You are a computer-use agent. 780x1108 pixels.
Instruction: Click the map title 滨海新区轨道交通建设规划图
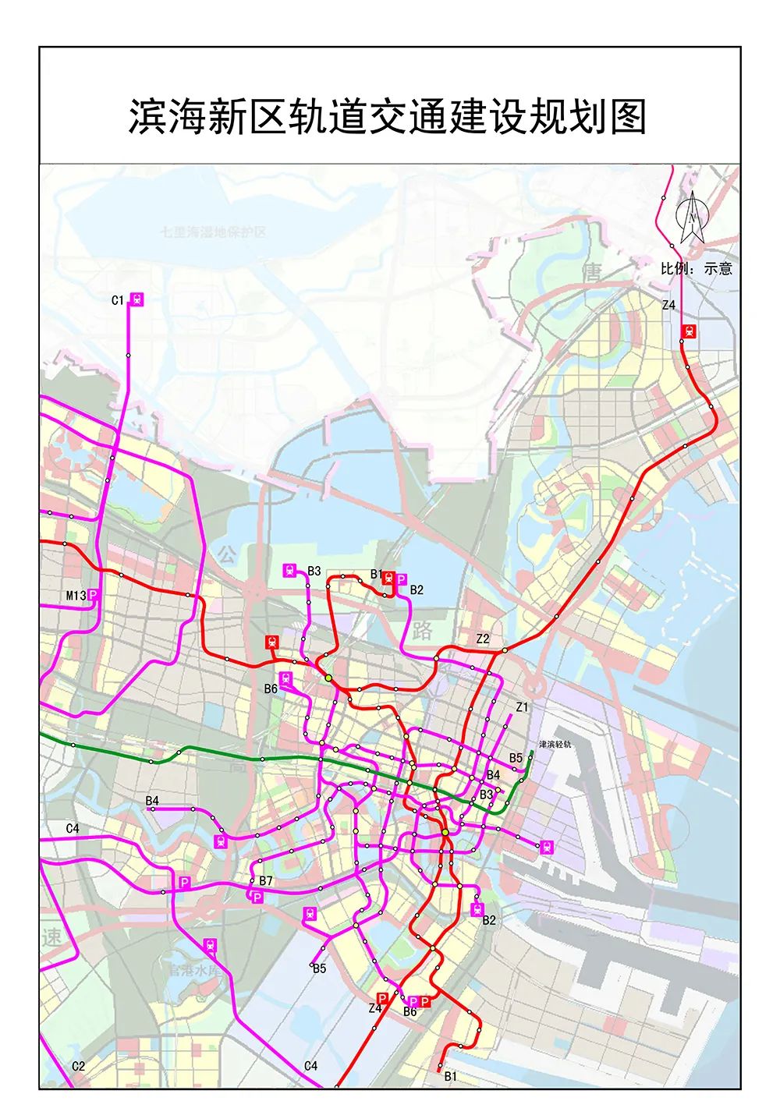point(388,117)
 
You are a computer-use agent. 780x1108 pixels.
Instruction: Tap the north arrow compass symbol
point(692,216)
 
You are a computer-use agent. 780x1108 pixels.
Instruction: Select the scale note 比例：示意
point(696,268)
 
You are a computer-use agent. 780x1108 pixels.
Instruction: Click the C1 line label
point(118,300)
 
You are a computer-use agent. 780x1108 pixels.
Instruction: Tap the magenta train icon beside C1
point(137,299)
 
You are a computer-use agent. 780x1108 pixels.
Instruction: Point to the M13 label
point(76,596)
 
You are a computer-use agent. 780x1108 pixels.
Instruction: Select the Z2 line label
point(483,639)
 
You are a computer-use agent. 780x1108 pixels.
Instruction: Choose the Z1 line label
point(522,707)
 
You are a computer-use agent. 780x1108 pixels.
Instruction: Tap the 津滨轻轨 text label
point(555,745)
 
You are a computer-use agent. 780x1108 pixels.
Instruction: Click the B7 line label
point(266,881)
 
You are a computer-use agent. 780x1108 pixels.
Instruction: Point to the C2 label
point(78,1066)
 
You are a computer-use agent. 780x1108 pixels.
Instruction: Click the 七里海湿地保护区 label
point(213,232)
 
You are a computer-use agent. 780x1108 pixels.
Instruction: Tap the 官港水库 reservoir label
point(194,972)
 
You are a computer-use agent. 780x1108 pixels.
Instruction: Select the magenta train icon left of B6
point(286,678)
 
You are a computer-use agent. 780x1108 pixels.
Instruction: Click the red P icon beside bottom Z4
point(382,998)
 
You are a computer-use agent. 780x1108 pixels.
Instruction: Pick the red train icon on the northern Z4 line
point(689,331)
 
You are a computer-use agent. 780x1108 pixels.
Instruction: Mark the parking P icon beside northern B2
point(401,579)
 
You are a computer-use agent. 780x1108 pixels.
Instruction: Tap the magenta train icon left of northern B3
point(290,571)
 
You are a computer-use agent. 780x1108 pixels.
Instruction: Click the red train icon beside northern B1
point(388,578)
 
